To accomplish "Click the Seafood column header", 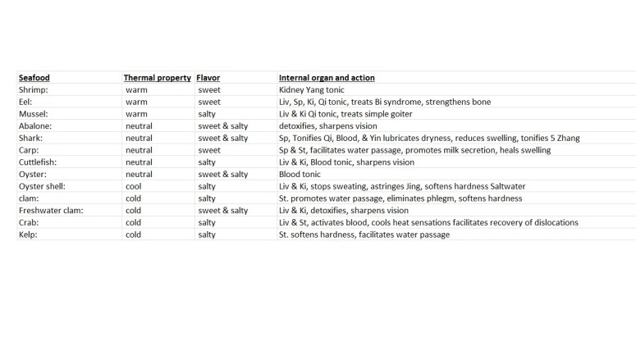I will pyautogui.click(x=34, y=78).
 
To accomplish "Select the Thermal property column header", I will pyautogui.click(x=157, y=78).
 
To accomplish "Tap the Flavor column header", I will pyautogui.click(x=208, y=78).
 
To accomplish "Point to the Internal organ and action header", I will pyautogui.click(x=327, y=78).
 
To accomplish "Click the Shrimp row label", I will pyautogui.click(x=34, y=90).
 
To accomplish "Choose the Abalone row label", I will pyautogui.click(x=35, y=126).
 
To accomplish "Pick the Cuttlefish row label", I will pyautogui.click(x=39, y=162).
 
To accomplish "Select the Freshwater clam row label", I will pyautogui.click(x=51, y=211).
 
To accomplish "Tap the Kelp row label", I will pyautogui.click(x=30, y=235).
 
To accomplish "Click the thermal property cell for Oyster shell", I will pyautogui.click(x=134, y=186).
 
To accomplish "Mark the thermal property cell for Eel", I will pyautogui.click(x=136, y=103).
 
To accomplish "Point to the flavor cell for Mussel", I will pyautogui.click(x=207, y=114).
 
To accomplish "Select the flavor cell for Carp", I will pyautogui.click(x=209, y=150).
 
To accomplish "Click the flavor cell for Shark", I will pyautogui.click(x=222, y=139).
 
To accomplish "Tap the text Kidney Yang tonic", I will pyautogui.click(x=312, y=90).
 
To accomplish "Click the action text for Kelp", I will pyautogui.click(x=364, y=235).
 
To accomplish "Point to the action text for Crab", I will pyautogui.click(x=428, y=223).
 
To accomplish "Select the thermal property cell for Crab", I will pyautogui.click(x=134, y=223).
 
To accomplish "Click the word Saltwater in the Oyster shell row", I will pyautogui.click(x=504, y=186).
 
